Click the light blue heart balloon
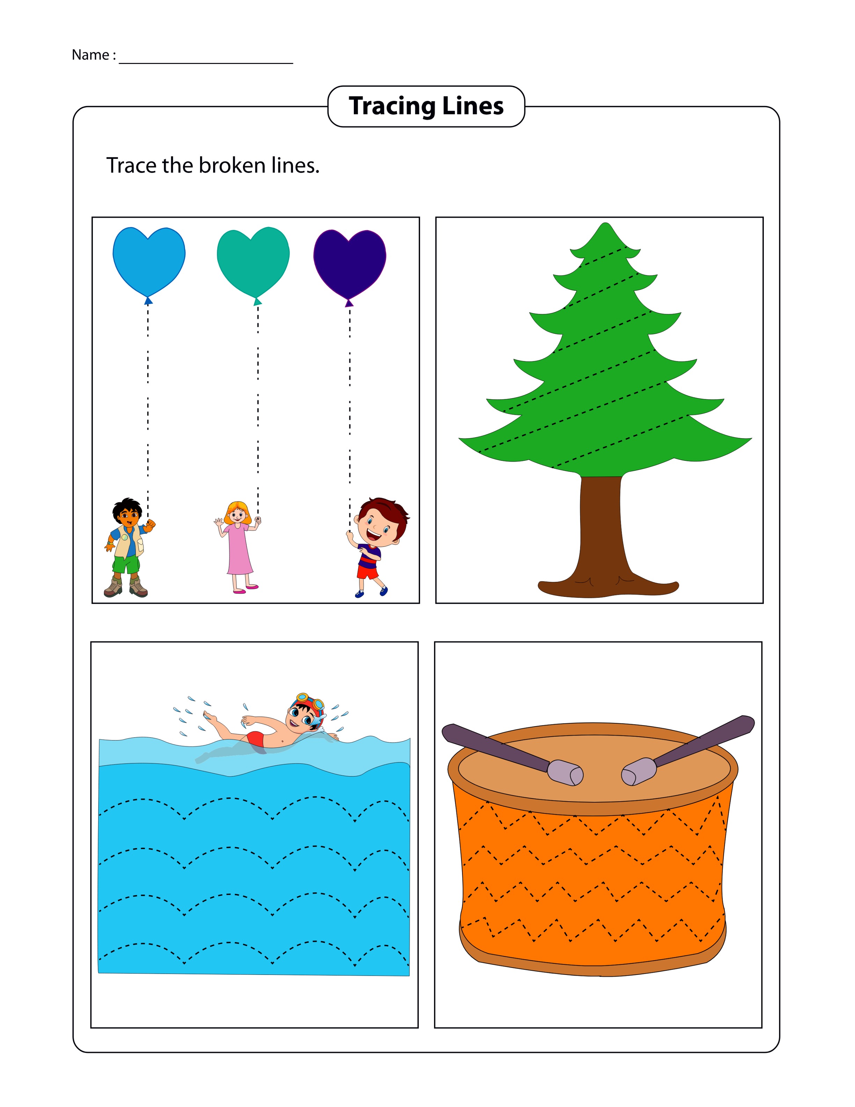(149, 261)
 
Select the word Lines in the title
(473, 106)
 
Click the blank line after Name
(206, 63)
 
